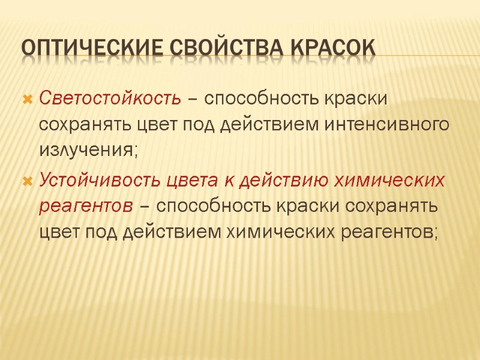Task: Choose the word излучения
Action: tap(88, 152)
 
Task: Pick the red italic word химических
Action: tap(386, 179)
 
